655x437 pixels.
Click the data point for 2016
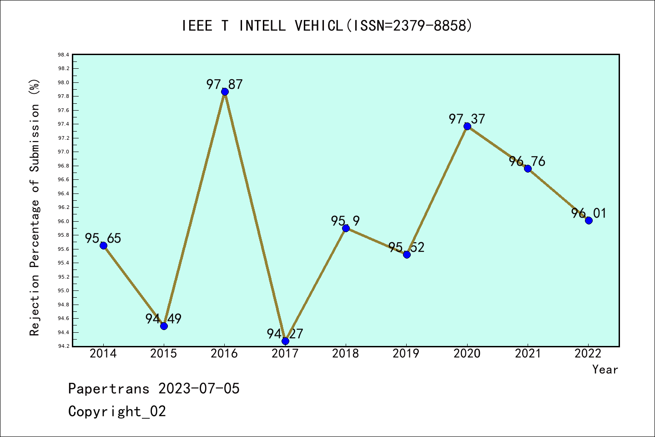pos(225,91)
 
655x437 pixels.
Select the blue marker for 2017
pos(285,341)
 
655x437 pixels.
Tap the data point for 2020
pos(467,126)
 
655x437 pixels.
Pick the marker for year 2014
pos(103,245)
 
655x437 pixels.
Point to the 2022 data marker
pos(589,220)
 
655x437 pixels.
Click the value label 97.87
pos(225,84)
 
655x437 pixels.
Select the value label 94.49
pos(163,319)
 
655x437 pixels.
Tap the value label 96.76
pos(527,161)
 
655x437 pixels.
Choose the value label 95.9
pos(345,221)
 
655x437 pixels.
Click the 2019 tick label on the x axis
pos(406,353)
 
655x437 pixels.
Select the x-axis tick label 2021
pos(528,353)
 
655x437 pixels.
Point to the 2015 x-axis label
pos(164,353)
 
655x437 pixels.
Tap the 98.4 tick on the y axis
pos(63,55)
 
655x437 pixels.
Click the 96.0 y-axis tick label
pos(63,221)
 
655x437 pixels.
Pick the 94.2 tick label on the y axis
pos(63,346)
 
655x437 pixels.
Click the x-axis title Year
pos(605,369)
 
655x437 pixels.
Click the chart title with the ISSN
pos(327,25)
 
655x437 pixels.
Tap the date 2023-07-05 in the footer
pos(199,388)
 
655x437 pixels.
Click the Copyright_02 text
pos(117,411)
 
